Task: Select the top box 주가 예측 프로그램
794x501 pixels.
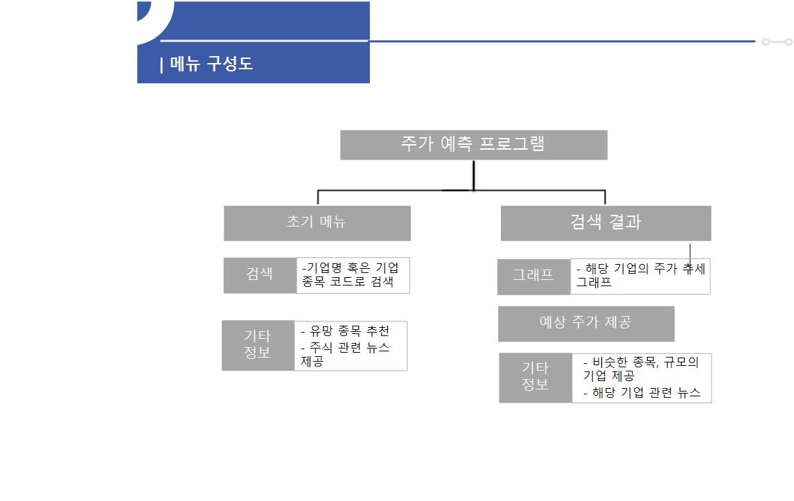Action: pos(473,145)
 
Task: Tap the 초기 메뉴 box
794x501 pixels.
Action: pos(317,222)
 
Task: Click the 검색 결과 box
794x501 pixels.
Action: pos(606,222)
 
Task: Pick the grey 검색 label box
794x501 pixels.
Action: pos(260,275)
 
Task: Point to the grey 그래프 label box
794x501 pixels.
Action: pos(533,276)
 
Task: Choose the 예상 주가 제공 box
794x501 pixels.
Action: pos(585,323)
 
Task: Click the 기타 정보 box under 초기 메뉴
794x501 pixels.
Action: pos(258,345)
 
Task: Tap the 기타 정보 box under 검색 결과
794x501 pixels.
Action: pos(535,378)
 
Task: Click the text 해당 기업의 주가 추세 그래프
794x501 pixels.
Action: pos(639,276)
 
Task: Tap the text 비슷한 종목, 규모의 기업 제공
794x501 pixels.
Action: pos(640,369)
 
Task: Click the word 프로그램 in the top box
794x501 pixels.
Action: pos(512,144)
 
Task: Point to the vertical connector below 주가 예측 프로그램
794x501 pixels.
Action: pos(474,175)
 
